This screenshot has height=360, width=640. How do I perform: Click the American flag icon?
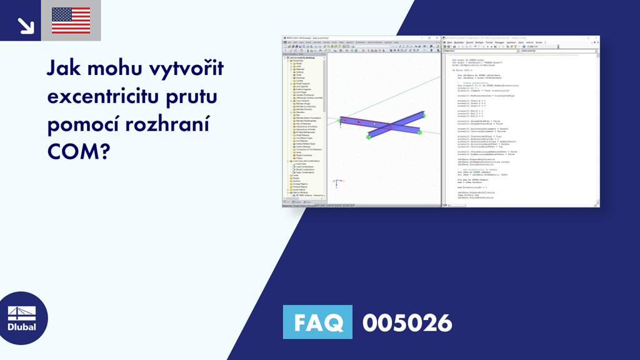71,21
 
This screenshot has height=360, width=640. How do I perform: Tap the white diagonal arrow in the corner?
26,25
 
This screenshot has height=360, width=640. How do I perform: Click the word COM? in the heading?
77,151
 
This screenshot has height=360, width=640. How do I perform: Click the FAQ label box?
317,322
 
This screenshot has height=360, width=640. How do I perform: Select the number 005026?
407,322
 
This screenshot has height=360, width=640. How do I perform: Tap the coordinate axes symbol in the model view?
337,183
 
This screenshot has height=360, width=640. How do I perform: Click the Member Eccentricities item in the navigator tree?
306,107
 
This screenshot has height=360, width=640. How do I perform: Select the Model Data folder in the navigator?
297,61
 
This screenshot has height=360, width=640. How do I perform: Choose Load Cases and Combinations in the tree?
307,161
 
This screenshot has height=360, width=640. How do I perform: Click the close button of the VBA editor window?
596,38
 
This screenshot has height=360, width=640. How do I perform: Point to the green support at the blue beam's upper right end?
424,115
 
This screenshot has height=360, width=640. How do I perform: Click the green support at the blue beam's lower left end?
369,137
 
